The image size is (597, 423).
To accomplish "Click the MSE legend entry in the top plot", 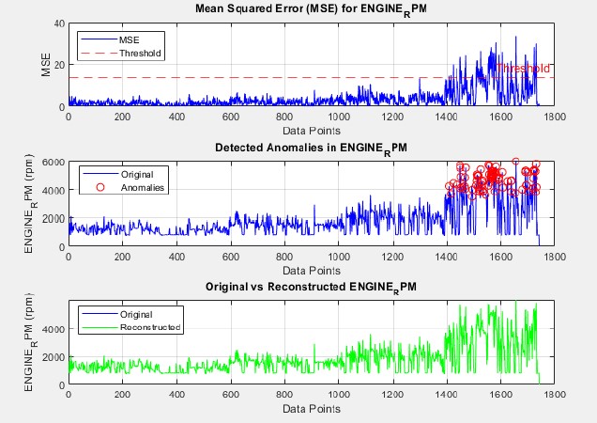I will coord(130,41).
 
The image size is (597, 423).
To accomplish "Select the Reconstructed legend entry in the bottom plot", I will coord(150,327).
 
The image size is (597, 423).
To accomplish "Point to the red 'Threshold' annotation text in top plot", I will coord(523,69).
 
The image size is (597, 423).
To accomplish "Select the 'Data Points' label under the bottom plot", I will coord(312,410).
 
